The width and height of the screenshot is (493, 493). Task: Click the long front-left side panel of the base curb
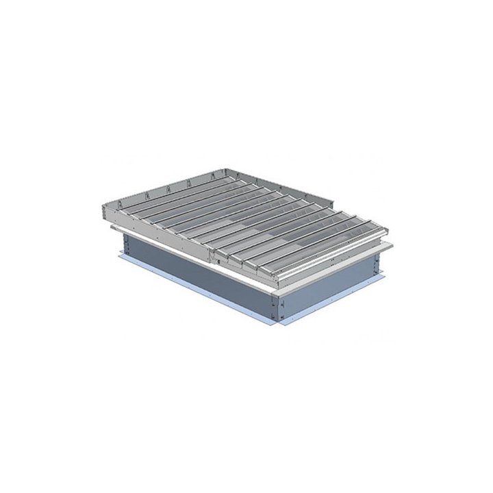coord(199,274)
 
